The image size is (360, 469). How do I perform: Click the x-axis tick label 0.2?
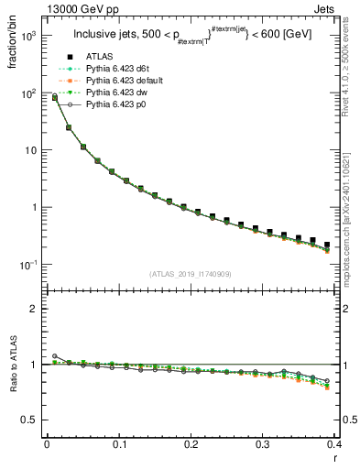point(191,443)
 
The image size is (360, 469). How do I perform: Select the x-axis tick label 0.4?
point(334,443)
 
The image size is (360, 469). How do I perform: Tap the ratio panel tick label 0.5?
point(30,420)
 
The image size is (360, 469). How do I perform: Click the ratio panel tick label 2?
point(33,309)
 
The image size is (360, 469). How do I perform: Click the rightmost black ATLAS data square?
point(327,245)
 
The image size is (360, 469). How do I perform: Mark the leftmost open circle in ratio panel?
point(54,355)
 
